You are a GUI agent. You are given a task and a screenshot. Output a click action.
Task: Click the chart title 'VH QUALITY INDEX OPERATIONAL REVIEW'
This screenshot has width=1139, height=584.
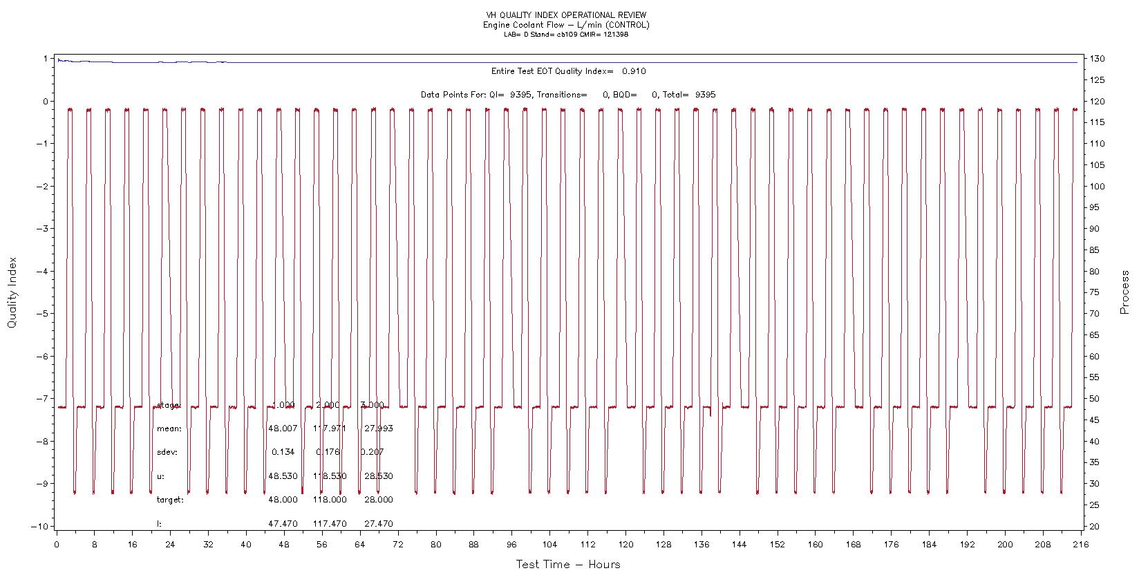click(x=566, y=15)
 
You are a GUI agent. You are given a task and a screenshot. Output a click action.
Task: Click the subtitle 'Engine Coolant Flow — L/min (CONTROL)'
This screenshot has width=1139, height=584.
click(x=566, y=25)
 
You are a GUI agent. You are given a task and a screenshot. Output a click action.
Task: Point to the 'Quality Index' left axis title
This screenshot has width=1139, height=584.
click(x=12, y=292)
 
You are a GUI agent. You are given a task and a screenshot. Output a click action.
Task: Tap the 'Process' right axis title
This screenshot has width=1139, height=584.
click(x=1124, y=292)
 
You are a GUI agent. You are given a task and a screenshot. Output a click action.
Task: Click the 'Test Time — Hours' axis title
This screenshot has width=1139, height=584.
click(x=568, y=565)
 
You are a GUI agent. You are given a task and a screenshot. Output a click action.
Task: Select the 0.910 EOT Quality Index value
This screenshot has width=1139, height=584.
click(x=634, y=71)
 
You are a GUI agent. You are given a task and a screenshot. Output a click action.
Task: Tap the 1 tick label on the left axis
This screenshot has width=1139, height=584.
click(x=46, y=59)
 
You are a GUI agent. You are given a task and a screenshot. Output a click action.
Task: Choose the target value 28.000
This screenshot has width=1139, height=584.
click(x=378, y=500)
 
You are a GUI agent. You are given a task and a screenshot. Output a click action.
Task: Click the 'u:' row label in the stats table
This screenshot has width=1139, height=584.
click(x=161, y=476)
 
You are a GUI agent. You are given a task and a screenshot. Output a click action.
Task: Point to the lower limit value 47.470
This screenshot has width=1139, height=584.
click(x=283, y=524)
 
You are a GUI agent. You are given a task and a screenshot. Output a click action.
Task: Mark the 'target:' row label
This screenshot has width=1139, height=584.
click(x=170, y=500)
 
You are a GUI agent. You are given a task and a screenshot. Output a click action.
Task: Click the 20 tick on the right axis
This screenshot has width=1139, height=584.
click(x=1095, y=527)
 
